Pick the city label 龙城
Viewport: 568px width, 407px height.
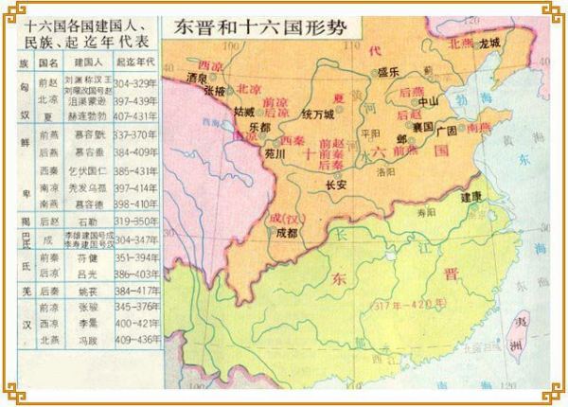pos(489,44)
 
